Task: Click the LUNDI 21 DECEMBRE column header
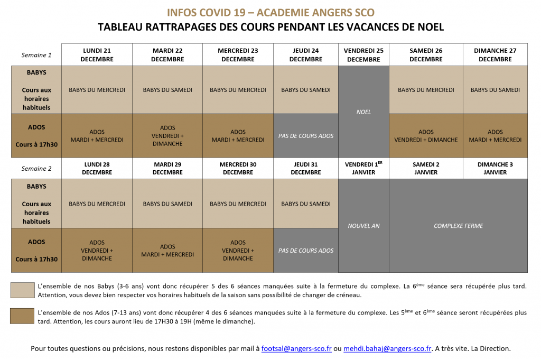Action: [x=97, y=55]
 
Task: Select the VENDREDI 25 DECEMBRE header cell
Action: [x=363, y=55]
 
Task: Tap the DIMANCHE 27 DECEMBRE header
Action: [x=495, y=55]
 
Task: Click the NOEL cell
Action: [x=363, y=112]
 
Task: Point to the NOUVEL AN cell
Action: [x=363, y=226]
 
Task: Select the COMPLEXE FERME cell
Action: [x=458, y=226]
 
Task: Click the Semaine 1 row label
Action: [x=36, y=55]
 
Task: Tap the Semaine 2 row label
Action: [x=36, y=169]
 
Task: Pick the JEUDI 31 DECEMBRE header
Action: [x=306, y=169]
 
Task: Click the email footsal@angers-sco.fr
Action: [x=296, y=349]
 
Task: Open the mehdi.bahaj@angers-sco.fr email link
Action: [x=387, y=349]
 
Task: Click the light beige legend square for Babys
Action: [x=22, y=290]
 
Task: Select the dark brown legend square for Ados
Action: [x=22, y=316]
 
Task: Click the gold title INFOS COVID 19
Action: [x=270, y=13]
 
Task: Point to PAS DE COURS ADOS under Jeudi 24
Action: [x=306, y=136]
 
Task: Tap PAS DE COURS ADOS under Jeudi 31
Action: [x=306, y=251]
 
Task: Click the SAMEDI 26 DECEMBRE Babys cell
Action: [x=426, y=90]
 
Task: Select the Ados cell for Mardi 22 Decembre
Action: [x=167, y=136]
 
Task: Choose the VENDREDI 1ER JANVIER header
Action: [x=363, y=169]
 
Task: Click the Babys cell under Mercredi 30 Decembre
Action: [x=238, y=204]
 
